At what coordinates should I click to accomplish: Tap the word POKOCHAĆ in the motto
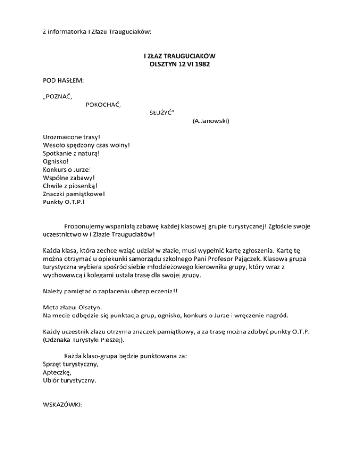click(103, 105)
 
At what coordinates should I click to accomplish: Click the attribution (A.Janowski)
click(210, 121)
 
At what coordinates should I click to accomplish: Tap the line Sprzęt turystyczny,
click(71, 364)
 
